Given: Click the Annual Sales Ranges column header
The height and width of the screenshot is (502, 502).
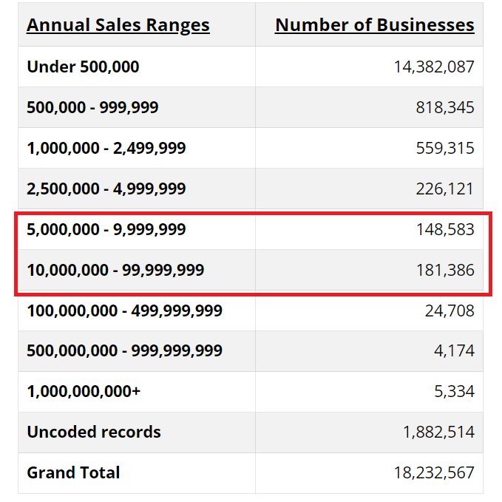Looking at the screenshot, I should pos(118,25).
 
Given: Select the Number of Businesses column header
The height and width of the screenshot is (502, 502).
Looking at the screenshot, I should pos(374,25).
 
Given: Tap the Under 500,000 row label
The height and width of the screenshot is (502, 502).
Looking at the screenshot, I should pos(83,67).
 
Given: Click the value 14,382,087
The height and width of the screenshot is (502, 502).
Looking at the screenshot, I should pos(434,67).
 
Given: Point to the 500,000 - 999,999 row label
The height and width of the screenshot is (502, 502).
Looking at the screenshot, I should pos(92,107).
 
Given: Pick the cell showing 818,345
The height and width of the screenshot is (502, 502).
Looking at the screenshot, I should pos(445,107).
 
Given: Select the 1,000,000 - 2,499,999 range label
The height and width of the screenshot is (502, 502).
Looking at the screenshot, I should pos(106,148).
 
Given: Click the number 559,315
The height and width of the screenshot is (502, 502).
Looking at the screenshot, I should pos(445,148).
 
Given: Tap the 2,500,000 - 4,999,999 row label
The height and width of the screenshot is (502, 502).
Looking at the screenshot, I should pos(106,189).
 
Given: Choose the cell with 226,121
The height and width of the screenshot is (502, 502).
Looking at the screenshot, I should pos(445,189).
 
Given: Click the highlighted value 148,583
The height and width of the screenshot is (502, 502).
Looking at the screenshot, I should pos(445,230).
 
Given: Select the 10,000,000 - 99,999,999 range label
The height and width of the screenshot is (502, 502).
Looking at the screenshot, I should pos(115,271).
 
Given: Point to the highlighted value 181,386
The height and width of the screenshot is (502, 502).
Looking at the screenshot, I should pos(445,271).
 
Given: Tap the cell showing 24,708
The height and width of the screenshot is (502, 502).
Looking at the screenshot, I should pos(450,311).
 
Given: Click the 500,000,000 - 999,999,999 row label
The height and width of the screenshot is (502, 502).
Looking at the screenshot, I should pos(124,350).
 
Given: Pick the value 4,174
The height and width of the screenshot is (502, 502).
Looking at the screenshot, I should pos(454,350).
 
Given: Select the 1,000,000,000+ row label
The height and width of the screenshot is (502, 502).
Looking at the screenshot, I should pos(84,391).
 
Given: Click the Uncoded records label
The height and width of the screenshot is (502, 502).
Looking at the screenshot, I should pos(94,432).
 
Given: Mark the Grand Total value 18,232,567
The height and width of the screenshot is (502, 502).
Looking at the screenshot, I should pos(434,472).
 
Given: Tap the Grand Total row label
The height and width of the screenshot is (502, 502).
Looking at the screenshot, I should pos(73,472).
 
